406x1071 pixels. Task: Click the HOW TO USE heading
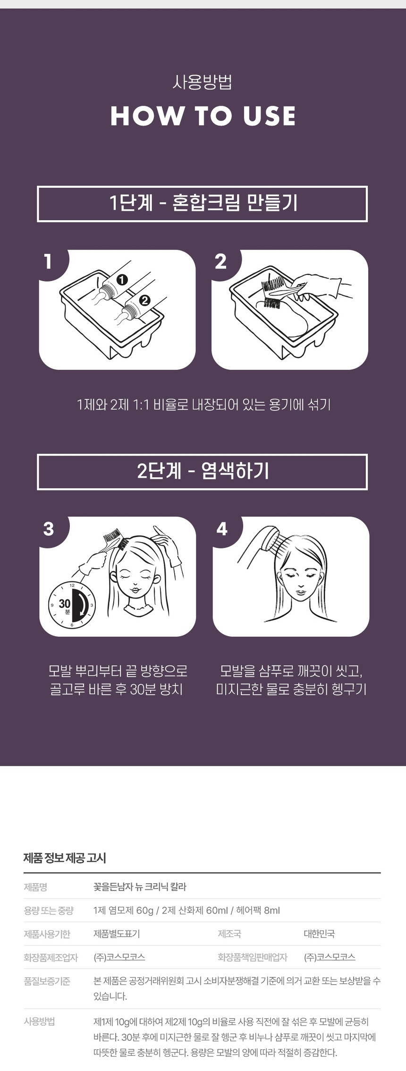click(203, 116)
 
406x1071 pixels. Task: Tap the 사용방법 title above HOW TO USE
click(203, 83)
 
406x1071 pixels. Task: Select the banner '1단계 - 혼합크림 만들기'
click(203, 204)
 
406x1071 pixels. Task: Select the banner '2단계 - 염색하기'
click(203, 472)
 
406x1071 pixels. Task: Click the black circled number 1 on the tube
click(122, 280)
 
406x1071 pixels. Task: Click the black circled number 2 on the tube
click(144, 300)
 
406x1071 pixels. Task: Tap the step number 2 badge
click(221, 262)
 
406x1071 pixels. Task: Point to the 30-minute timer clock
click(72, 604)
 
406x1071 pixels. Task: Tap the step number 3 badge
click(49, 529)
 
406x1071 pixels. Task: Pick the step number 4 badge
click(222, 529)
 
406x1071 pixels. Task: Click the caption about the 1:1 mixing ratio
click(203, 405)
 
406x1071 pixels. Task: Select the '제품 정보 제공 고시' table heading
click(65, 858)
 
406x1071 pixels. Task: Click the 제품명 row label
click(35, 887)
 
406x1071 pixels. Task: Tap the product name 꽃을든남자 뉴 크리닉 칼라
click(140, 887)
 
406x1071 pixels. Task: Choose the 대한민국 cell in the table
click(319, 934)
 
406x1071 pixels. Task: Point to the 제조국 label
click(229, 934)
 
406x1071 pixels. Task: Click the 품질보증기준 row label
click(47, 981)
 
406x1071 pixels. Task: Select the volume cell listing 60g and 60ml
click(186, 910)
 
